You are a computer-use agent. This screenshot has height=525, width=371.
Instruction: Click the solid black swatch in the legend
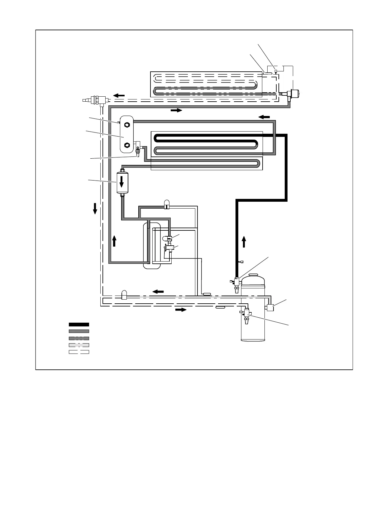click(79, 325)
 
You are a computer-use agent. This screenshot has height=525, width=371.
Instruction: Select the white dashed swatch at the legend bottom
click(79, 352)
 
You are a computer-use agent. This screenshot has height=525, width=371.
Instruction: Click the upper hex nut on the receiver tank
click(127, 125)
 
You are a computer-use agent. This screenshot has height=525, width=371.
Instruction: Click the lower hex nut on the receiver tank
click(127, 145)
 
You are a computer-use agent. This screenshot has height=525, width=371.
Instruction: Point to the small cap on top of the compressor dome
click(254, 275)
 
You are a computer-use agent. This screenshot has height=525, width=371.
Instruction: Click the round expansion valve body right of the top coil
click(294, 93)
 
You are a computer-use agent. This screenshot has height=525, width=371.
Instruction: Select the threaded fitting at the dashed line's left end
click(93, 100)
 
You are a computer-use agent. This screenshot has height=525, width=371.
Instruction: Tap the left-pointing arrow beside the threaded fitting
click(119, 95)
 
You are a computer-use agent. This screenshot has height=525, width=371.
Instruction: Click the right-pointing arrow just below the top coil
click(176, 110)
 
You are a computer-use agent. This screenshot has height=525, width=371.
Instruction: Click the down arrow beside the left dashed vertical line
click(95, 209)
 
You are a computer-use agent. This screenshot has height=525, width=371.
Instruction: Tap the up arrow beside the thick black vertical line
click(244, 242)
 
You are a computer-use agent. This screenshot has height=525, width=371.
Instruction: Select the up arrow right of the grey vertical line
click(114, 241)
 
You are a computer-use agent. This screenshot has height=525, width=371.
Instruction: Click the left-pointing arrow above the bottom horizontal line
click(158, 291)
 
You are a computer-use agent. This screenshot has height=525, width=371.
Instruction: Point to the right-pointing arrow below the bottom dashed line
click(181, 310)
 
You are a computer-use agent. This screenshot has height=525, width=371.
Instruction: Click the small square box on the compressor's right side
click(270, 308)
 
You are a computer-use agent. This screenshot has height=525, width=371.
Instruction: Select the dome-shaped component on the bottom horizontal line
click(124, 295)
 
